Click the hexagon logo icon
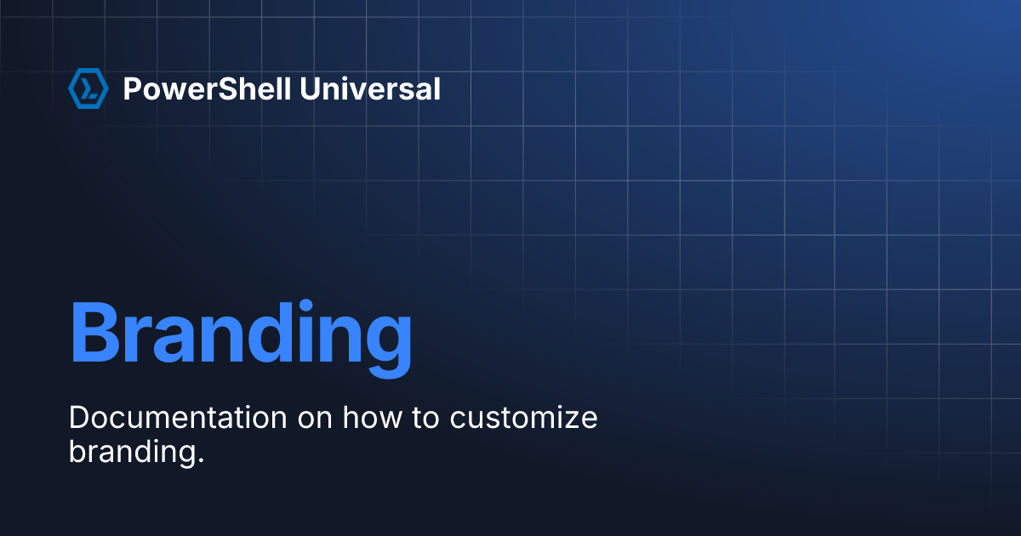tap(88, 88)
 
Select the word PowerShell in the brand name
tap(208, 88)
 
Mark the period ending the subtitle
tap(202, 459)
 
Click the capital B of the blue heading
tap(94, 332)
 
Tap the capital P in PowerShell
tap(132, 88)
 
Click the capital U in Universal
tap(311, 88)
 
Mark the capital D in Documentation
tap(78, 418)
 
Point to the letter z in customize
tap(570, 420)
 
